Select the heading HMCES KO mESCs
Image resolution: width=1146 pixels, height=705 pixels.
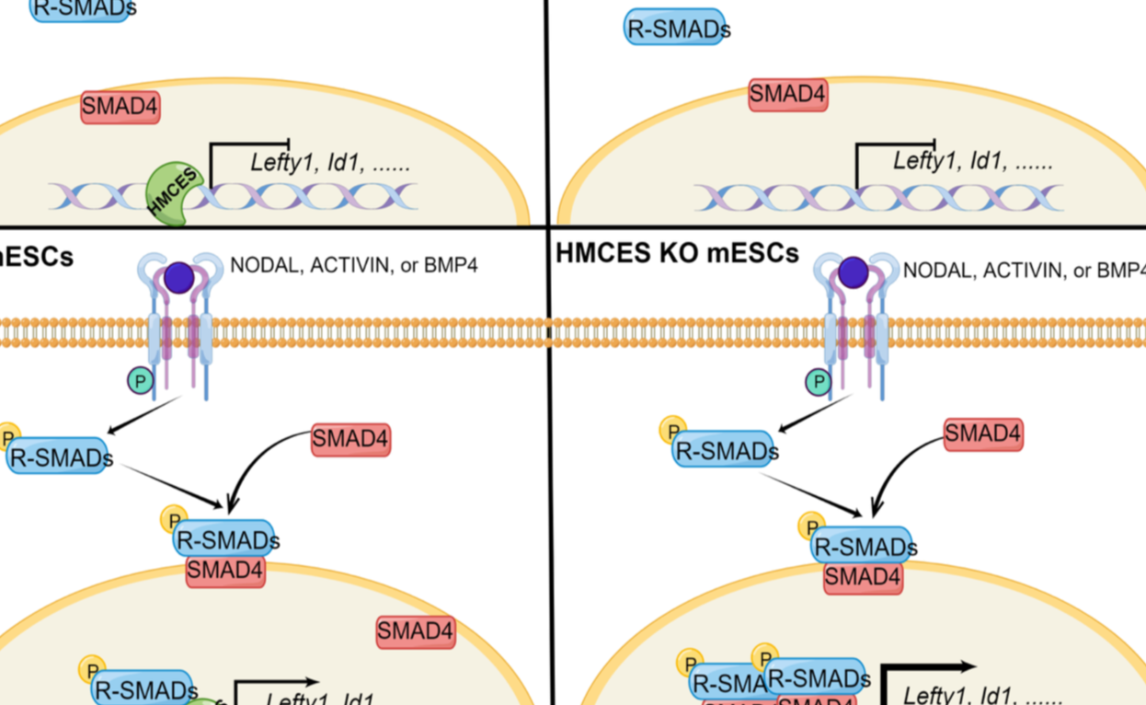pos(677,252)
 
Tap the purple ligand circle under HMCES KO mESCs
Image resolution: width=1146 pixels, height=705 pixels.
pos(853,272)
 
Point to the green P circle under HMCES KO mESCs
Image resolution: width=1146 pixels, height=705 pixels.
pos(817,381)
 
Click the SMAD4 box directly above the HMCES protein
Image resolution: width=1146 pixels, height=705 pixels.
pos(120,108)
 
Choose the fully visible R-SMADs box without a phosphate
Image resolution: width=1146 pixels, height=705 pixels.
pos(676,29)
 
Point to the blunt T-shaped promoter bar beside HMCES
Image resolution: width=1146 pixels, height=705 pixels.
pos(250,144)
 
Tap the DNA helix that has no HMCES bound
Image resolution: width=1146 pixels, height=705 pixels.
pos(878,197)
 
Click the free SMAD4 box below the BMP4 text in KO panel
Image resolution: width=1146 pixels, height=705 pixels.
pos(983,433)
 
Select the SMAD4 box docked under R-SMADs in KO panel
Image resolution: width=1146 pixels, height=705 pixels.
pos(862,577)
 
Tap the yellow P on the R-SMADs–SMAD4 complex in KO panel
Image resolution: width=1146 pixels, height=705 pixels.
pos(809,526)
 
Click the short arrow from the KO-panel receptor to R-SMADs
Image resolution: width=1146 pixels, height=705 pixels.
pos(814,413)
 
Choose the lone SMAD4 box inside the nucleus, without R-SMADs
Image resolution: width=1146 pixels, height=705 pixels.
pos(416,632)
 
